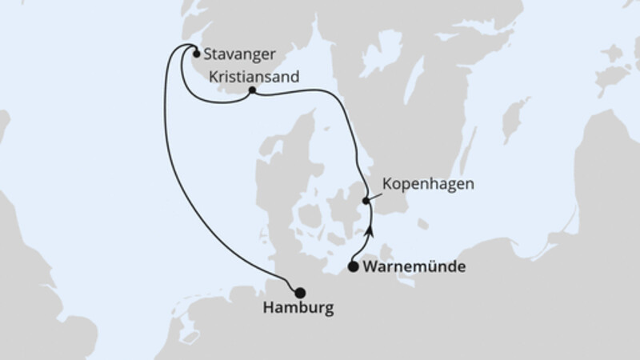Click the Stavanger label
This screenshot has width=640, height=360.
point(239,55)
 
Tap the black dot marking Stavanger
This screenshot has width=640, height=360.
point(195,54)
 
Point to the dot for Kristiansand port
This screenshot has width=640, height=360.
point(252,90)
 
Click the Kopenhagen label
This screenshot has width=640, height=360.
point(429,183)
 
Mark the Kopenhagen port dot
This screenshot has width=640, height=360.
point(366,201)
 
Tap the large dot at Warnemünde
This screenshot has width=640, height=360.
point(353,268)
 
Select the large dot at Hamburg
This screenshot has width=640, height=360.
point(300,292)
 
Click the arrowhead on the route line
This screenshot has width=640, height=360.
point(370,231)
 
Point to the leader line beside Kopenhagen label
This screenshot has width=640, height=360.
point(374,194)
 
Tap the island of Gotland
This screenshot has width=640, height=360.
point(516,120)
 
